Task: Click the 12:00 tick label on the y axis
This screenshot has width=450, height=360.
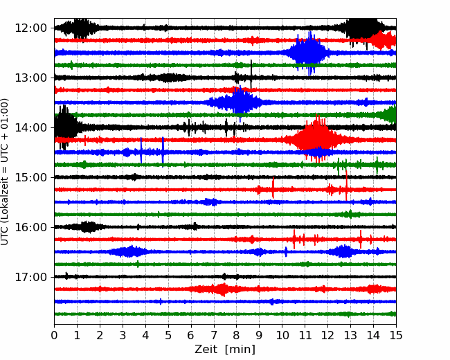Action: pyautogui.click(x=30, y=28)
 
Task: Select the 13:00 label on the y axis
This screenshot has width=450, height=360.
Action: pyautogui.click(x=30, y=78)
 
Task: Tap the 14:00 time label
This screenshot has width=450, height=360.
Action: pyautogui.click(x=30, y=127)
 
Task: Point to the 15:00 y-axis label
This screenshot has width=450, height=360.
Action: pyautogui.click(x=30, y=177)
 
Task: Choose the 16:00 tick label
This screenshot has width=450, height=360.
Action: pyautogui.click(x=30, y=227)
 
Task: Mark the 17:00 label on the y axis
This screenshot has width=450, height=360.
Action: pyautogui.click(x=30, y=277)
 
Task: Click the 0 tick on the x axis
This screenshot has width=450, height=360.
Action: pyautogui.click(x=54, y=335)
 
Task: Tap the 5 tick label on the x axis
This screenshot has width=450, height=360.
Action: pyautogui.click(x=168, y=335)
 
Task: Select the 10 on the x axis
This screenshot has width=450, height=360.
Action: pyautogui.click(x=282, y=335)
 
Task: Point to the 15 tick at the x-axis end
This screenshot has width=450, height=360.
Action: pyautogui.click(x=396, y=335)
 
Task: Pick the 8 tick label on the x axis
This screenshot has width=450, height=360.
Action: pyautogui.click(x=237, y=335)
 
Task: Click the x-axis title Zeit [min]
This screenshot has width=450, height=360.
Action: pyautogui.click(x=225, y=349)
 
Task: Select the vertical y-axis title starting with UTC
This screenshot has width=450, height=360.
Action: pyautogui.click(x=4, y=172)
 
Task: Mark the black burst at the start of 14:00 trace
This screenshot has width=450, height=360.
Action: pyautogui.click(x=66, y=127)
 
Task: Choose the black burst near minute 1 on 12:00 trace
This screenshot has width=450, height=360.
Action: pyautogui.click(x=80, y=28)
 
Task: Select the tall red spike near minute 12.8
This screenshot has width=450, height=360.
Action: pyautogui.click(x=346, y=186)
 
